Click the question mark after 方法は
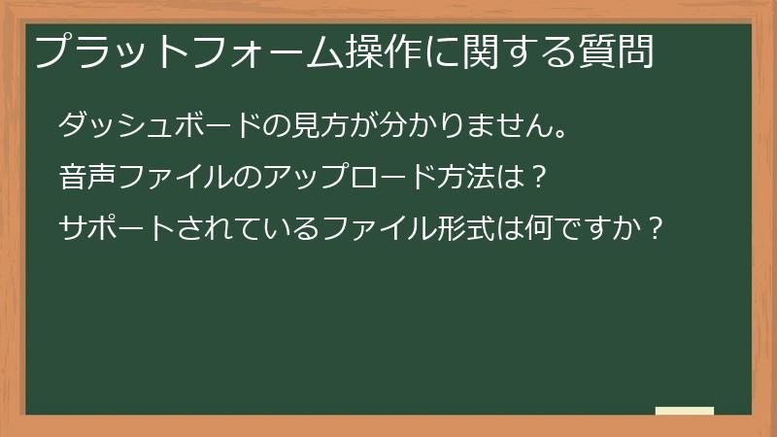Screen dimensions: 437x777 point(542,178)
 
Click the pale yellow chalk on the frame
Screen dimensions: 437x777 point(685,411)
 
